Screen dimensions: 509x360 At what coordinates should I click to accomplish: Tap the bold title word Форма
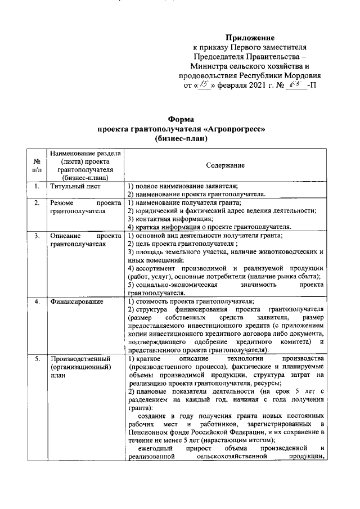[x=181, y=119]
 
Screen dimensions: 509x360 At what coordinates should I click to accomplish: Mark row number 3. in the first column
[x=37, y=235]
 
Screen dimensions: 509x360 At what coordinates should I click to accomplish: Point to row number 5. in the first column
[x=37, y=359]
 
